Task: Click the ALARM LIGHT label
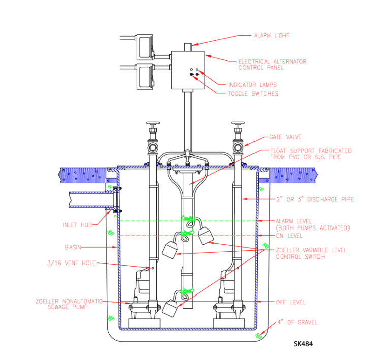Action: click(271, 36)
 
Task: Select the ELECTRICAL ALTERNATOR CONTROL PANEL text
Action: click(272, 64)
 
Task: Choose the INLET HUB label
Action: click(77, 225)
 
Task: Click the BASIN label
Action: click(73, 247)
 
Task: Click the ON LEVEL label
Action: click(289, 236)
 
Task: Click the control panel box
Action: click(187, 70)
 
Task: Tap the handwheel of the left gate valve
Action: click(152, 124)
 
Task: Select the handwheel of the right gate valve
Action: click(238, 124)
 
